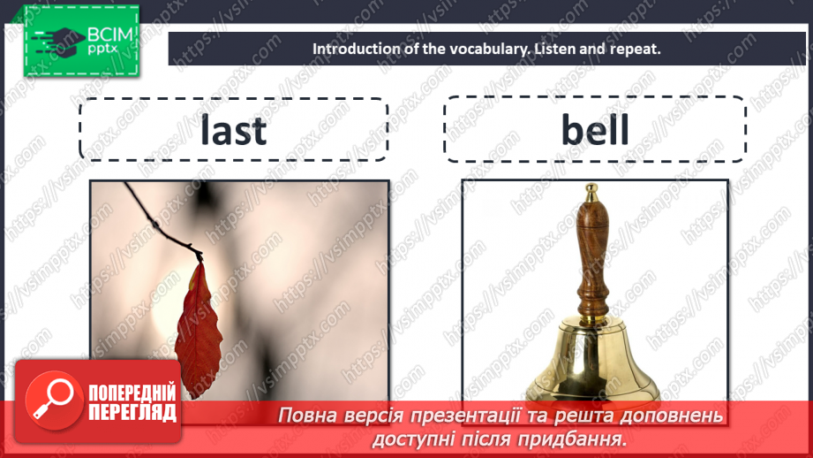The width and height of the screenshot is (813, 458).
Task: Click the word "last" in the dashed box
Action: coord(233,131)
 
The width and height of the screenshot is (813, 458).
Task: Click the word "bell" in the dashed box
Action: coord(595,131)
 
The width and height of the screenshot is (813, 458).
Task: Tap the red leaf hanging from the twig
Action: coord(196,327)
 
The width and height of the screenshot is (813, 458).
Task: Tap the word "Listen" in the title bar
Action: coord(553,50)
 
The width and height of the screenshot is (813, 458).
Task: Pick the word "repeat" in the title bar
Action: coord(634,50)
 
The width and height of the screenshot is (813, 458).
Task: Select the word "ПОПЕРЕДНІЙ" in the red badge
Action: coord(132,393)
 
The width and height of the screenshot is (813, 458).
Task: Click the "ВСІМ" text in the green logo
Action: coord(107,34)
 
